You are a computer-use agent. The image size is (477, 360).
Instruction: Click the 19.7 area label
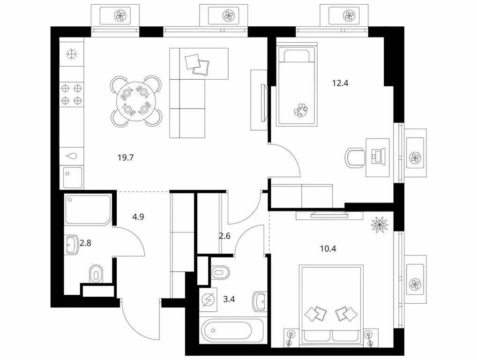pyautogui.click(x=126, y=157)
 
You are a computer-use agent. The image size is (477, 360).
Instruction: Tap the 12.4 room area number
pyautogui.click(x=340, y=83)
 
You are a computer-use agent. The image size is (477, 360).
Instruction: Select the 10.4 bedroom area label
pyautogui.click(x=328, y=249)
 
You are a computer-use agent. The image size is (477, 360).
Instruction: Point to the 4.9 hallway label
pyautogui.click(x=138, y=217)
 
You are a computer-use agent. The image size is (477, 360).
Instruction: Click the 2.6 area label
pyautogui.click(x=224, y=235)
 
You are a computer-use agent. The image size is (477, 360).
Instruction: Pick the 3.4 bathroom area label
pyautogui.click(x=229, y=299)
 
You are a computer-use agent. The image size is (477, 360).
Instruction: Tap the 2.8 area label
pyautogui.click(x=85, y=243)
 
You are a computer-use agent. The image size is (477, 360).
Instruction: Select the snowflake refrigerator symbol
pyautogui.click(x=72, y=54)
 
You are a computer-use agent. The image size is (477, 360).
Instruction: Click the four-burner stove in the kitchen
pyautogui.click(x=72, y=94)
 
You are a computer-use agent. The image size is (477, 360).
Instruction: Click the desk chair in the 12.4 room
pyautogui.click(x=355, y=157)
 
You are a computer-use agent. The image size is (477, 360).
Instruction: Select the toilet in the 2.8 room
pyautogui.click(x=96, y=275)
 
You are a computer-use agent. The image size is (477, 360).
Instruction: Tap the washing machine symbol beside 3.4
pyautogui.click(x=208, y=300)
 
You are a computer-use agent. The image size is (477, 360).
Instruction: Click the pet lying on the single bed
pyautogui.click(x=300, y=110)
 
